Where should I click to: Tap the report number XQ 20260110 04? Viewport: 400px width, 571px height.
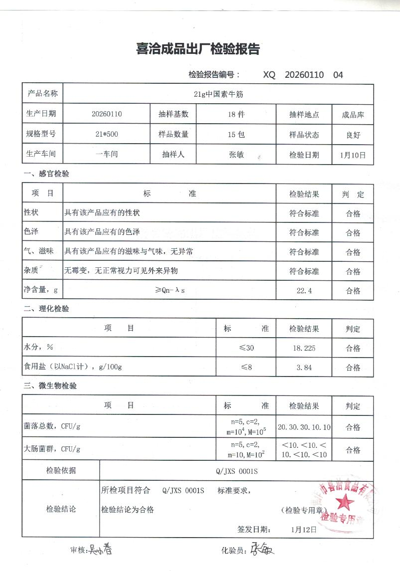[x=303, y=75]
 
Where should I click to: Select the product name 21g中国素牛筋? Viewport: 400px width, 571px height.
[x=218, y=94]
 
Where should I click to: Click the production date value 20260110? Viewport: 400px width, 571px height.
[x=107, y=114]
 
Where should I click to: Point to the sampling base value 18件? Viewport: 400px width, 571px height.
[x=236, y=114]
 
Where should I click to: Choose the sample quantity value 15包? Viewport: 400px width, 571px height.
[x=236, y=134]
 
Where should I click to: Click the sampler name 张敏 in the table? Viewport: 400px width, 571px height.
[x=236, y=155]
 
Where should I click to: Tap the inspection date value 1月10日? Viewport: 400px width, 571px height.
[x=353, y=155]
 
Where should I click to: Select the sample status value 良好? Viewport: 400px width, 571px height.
[x=353, y=135]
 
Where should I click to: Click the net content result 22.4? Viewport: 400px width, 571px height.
[x=304, y=291]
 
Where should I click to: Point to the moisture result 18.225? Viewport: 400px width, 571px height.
[x=304, y=348]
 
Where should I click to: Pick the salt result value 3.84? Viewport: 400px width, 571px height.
[x=304, y=368]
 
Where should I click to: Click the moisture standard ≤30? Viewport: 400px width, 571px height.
[x=246, y=348]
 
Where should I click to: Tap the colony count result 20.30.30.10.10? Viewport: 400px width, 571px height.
[x=304, y=427]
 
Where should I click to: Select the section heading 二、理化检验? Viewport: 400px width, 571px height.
[x=46, y=309]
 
